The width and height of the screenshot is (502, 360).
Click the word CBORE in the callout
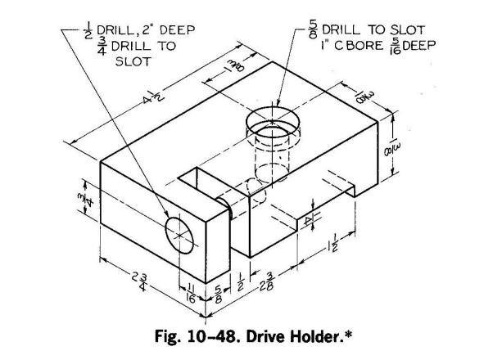pos(356,46)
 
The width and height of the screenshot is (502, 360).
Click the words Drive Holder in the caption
pos(305,335)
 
